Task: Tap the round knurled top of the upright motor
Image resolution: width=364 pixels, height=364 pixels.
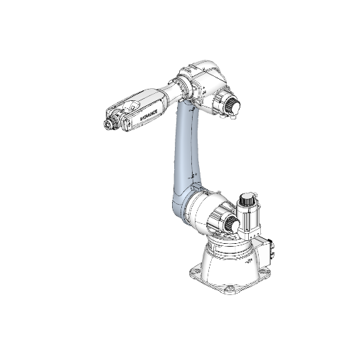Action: [249, 199]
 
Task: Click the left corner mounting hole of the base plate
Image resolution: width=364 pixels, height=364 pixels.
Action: [193, 272]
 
